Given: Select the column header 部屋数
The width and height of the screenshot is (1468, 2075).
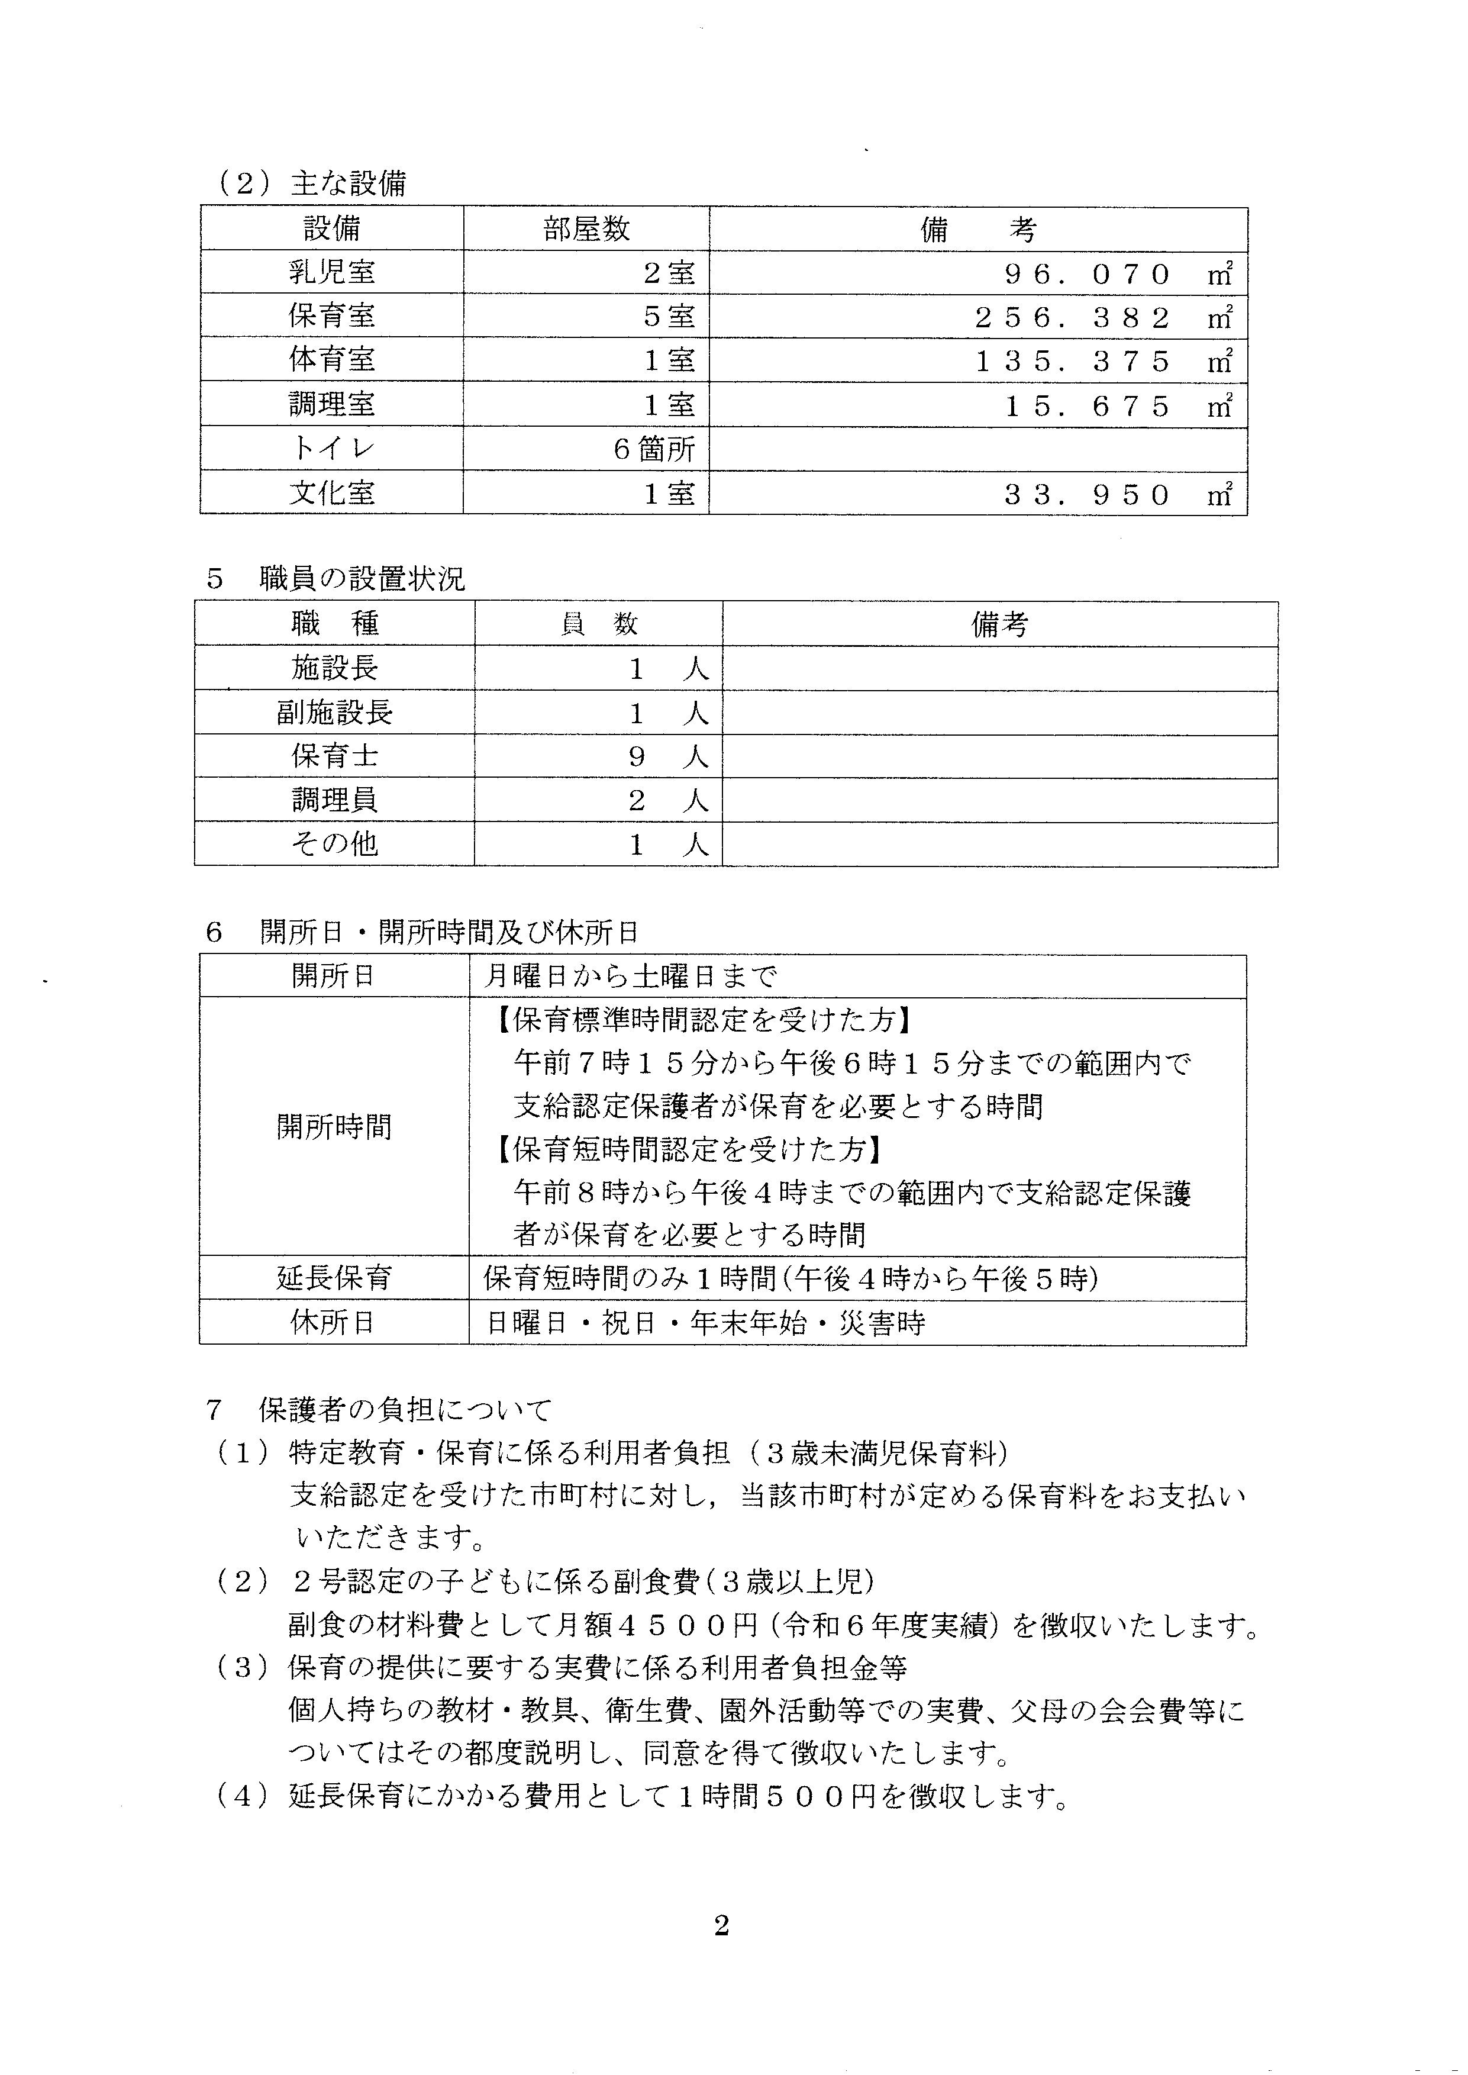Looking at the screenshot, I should [x=586, y=229].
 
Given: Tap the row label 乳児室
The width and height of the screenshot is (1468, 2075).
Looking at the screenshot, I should [x=332, y=272].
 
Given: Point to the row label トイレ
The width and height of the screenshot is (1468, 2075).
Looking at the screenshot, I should [x=332, y=449].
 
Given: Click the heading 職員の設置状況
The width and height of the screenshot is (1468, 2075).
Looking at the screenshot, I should [x=362, y=579].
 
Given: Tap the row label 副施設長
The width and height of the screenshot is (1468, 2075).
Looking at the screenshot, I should [x=334, y=713].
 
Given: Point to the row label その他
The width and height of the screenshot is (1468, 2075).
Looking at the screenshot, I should [x=334, y=843].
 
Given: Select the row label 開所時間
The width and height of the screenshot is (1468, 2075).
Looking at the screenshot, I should [x=334, y=1126].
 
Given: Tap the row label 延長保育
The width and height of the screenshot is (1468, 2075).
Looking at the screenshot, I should [x=334, y=1278].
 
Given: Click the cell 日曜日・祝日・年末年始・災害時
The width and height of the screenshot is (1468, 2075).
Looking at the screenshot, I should [x=705, y=1323].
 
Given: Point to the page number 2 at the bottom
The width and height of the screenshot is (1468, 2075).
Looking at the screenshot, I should [x=721, y=1926].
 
